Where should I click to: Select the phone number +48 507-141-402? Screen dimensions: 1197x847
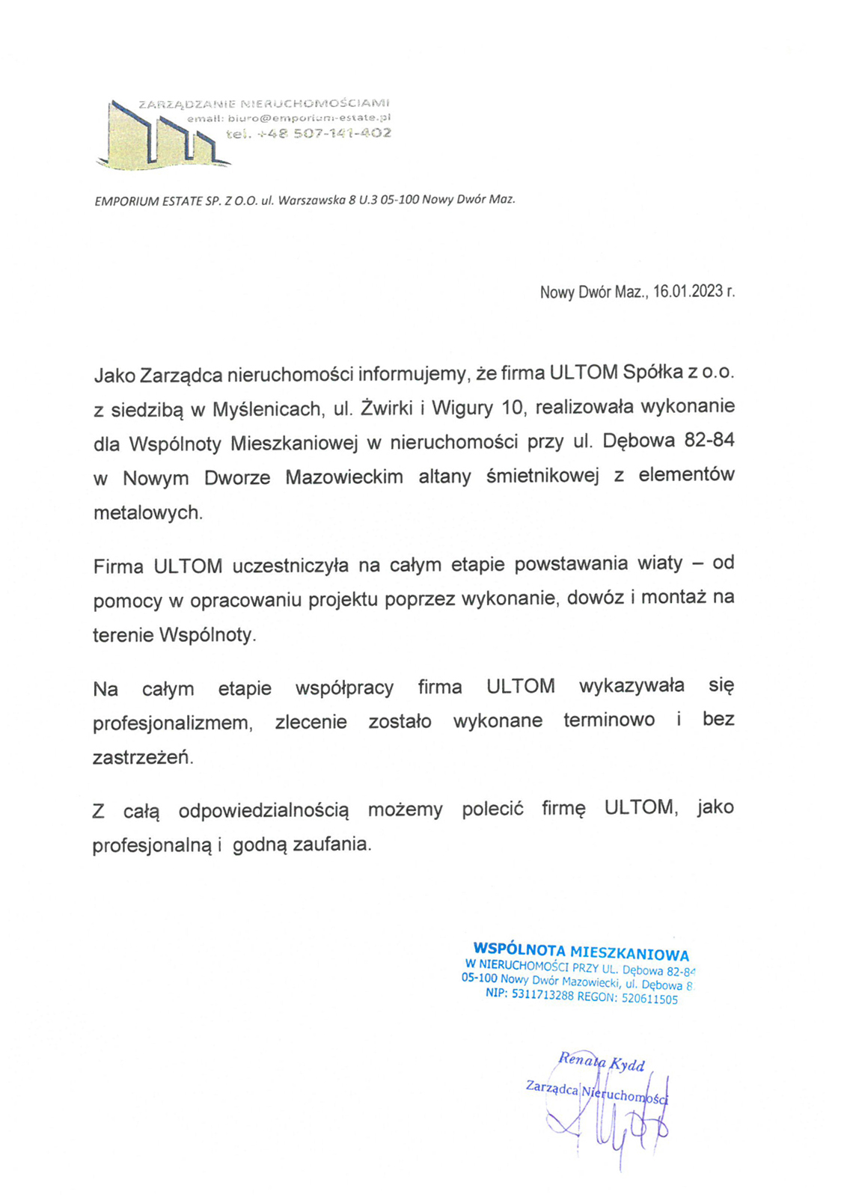[322, 134]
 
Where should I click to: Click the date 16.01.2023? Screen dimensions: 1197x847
[687, 292]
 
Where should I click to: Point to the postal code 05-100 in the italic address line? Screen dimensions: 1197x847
[400, 200]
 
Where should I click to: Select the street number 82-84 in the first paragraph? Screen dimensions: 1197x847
[709, 441]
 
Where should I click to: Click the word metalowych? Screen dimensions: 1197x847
[147, 513]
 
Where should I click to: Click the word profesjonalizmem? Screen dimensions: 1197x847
[172, 723]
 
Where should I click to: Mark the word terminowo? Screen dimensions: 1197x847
[609, 720]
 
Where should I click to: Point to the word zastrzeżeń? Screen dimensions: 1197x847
[142, 758]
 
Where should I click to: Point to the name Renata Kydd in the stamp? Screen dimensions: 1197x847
[601, 1062]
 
